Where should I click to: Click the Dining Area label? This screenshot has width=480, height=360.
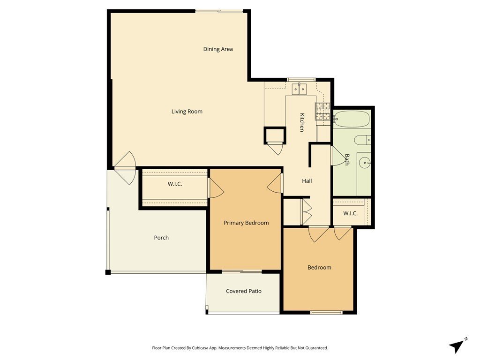218,49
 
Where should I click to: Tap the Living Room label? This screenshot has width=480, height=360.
187,112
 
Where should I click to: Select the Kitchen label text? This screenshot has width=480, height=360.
302,122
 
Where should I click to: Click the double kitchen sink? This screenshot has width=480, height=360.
299,89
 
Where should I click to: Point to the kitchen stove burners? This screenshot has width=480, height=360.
322,111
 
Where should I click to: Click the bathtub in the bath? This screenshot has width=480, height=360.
352,119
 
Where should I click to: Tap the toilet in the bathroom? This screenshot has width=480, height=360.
363,141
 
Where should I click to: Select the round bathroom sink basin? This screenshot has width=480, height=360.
365,163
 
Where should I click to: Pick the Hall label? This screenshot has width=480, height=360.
307,181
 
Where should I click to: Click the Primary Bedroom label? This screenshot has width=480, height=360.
246,223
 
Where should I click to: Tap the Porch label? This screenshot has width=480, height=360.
161,238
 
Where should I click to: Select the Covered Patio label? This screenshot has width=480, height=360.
244,291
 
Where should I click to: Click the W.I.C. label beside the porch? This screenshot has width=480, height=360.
175,184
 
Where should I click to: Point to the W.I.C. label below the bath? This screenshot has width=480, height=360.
351,213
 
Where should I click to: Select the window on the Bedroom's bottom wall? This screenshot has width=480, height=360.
326,312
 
